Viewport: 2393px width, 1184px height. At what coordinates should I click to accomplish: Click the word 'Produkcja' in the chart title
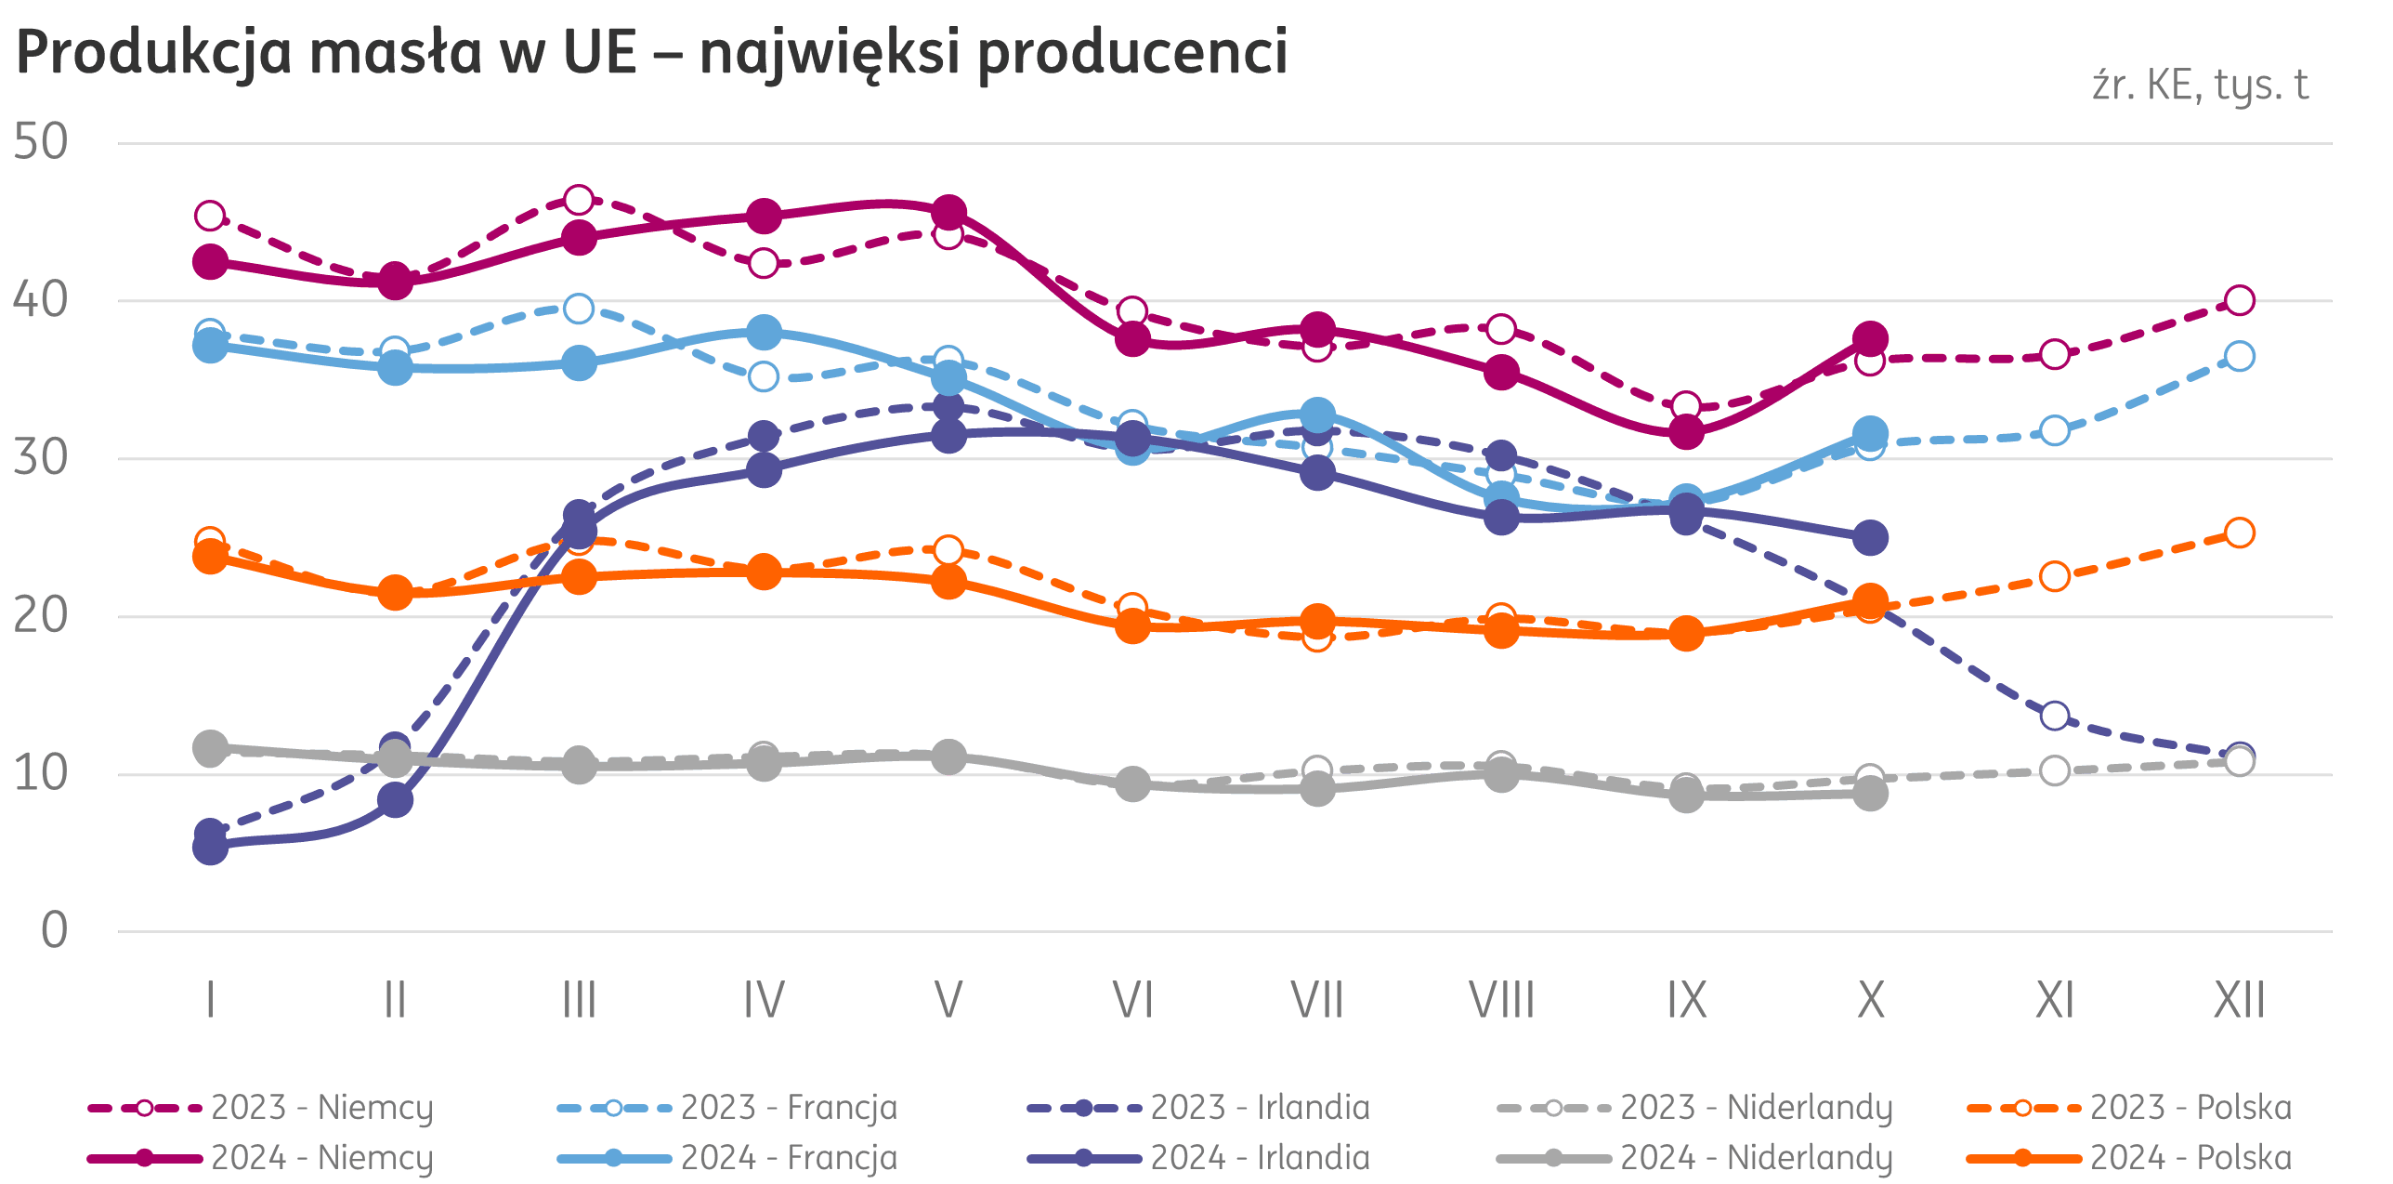tap(153, 53)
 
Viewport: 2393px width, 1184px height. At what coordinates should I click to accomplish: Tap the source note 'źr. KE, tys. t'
tap(2199, 86)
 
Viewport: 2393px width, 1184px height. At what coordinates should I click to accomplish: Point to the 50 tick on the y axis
tap(41, 142)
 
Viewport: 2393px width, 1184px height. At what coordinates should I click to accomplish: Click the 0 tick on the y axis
tap(54, 929)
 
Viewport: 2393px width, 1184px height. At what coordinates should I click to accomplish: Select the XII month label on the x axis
tap(2239, 1001)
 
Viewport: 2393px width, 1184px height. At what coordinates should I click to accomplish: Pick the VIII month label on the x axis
tap(1501, 1001)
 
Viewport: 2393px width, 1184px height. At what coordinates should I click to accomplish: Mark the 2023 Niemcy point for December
tap(2240, 300)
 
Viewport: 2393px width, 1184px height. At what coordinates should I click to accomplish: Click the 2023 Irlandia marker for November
tap(2055, 716)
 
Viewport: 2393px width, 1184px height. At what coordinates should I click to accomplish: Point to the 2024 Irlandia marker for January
tap(210, 847)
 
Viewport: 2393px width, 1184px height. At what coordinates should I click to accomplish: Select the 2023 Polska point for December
tap(2240, 533)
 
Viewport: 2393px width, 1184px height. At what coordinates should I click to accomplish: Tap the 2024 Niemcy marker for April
tap(764, 217)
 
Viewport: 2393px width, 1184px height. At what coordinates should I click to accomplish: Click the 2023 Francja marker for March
tap(579, 309)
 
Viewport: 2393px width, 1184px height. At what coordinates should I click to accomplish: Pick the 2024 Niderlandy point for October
tap(1871, 794)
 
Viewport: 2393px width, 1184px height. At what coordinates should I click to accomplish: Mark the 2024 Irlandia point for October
tap(1871, 537)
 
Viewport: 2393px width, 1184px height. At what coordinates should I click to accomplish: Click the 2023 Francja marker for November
tap(2055, 430)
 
